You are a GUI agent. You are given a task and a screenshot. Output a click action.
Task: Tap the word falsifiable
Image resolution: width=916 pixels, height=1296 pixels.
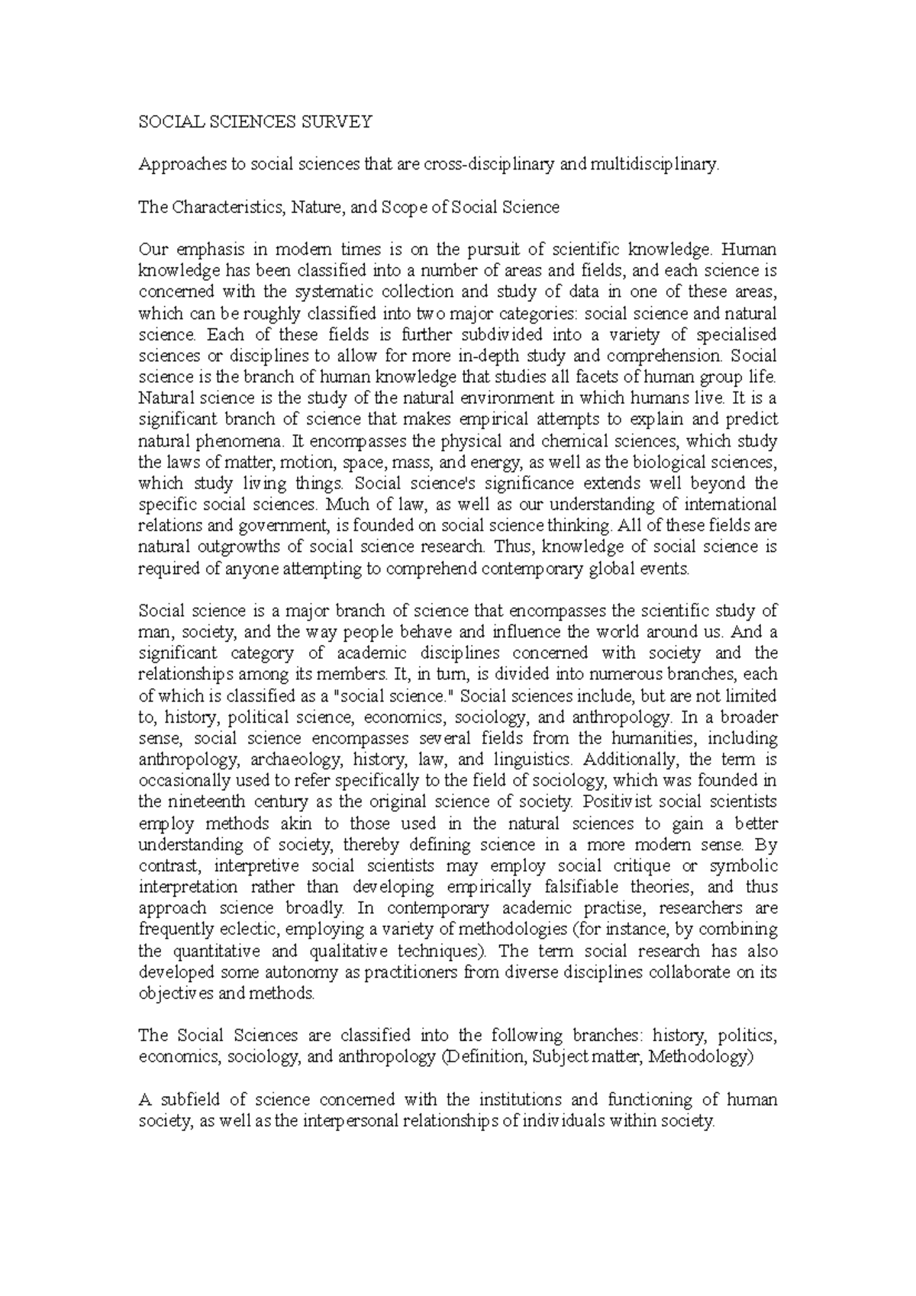coord(581,888)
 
